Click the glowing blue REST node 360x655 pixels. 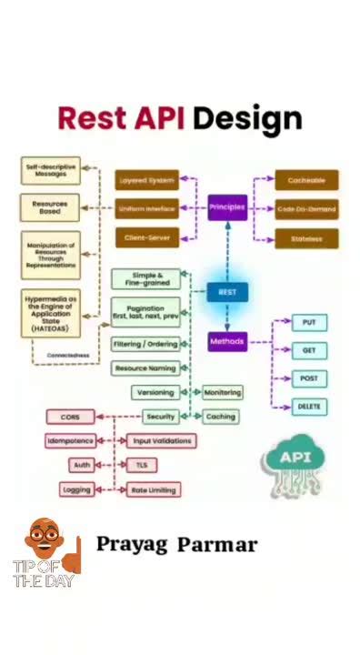(226, 292)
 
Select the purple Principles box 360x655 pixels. (227, 207)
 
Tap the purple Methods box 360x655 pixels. (227, 342)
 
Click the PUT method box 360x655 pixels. (309, 323)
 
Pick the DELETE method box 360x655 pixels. (309, 407)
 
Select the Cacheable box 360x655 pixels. (306, 180)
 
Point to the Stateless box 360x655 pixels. (306, 238)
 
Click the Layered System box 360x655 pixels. (145, 180)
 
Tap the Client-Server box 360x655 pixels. (145, 238)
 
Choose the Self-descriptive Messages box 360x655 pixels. (50, 169)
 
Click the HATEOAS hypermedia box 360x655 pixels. (50, 314)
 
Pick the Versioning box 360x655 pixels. (155, 393)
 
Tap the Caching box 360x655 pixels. (221, 416)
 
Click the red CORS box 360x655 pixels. (70, 417)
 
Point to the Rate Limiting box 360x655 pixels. (153, 489)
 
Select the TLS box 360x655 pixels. (141, 465)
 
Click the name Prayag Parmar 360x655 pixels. (176, 545)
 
